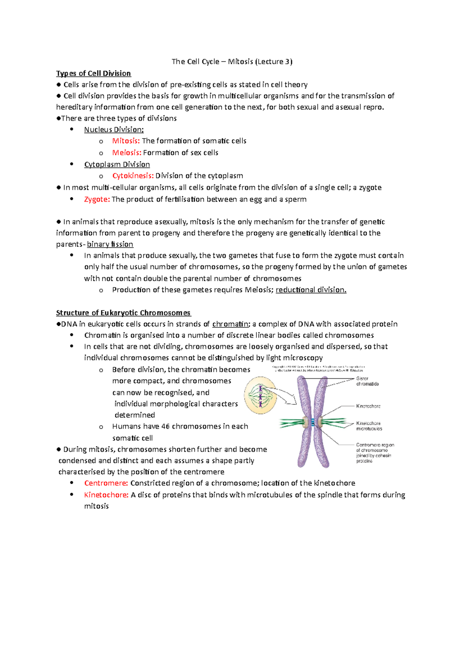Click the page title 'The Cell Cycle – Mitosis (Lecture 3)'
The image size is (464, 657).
(x=232, y=62)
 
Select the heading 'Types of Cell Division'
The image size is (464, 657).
(x=94, y=73)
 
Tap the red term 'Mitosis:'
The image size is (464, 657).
(x=126, y=141)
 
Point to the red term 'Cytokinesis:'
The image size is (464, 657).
(x=133, y=176)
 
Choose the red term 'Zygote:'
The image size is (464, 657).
(x=97, y=199)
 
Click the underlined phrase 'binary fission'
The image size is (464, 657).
(x=110, y=244)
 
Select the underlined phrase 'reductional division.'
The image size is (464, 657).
(x=311, y=290)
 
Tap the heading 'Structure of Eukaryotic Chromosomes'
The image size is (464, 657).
(x=123, y=313)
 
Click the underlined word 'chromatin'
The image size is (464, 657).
(x=230, y=324)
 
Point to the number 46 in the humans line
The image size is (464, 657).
(x=165, y=426)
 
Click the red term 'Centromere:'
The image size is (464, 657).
(x=106, y=483)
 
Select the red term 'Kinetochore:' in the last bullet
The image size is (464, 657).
(x=106, y=495)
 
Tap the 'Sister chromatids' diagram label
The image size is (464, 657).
(x=367, y=381)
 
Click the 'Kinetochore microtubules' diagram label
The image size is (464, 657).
(x=369, y=426)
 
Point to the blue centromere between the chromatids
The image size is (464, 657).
(x=313, y=422)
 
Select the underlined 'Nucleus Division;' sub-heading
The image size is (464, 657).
(x=114, y=130)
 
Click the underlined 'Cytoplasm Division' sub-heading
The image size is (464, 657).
(x=117, y=164)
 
